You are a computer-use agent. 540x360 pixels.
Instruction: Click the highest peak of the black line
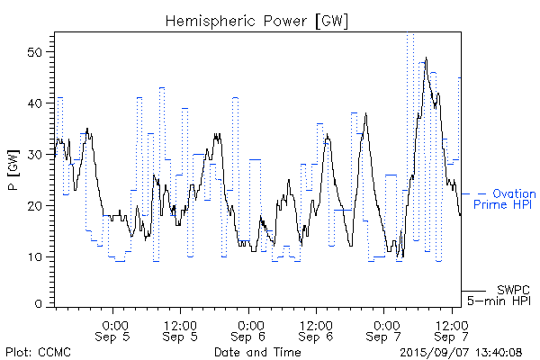(x=426, y=58)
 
